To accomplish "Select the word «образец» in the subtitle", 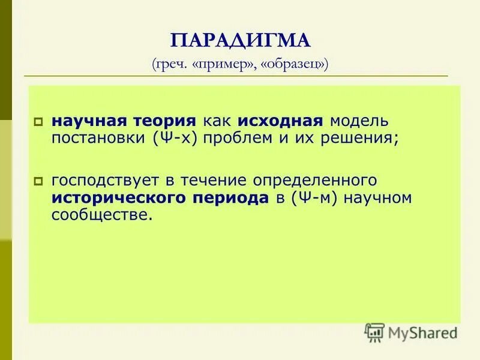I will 293,64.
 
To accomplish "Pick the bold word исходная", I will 281,120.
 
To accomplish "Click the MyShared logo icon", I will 375,332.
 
